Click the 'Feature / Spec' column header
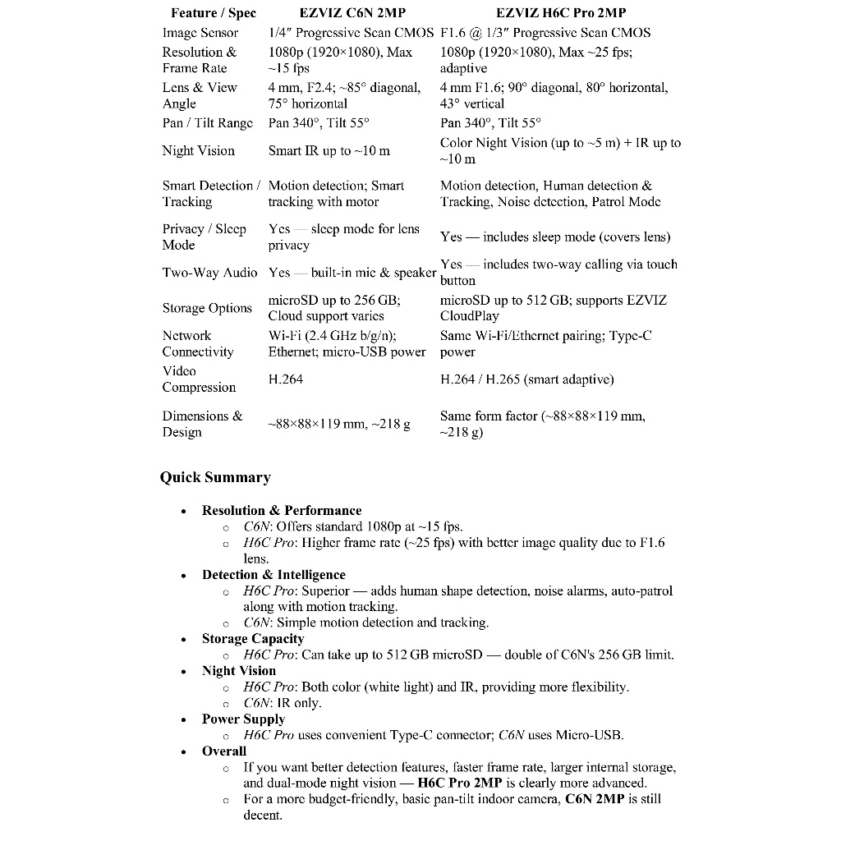click(214, 13)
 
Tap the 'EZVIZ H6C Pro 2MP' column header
click(561, 13)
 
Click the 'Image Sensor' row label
click(200, 33)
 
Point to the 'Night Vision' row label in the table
click(198, 150)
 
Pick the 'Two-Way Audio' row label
click(209, 272)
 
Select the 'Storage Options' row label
click(207, 308)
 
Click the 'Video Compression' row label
click(199, 379)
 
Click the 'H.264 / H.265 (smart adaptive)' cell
click(526, 379)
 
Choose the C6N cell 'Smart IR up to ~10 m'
click(329, 150)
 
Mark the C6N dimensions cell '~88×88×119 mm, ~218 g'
click(338, 424)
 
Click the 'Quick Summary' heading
click(215, 477)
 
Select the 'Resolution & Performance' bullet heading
click(282, 510)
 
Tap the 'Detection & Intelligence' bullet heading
click(273, 575)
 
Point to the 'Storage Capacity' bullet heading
click(253, 639)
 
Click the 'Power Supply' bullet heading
click(243, 719)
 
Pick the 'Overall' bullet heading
click(224, 751)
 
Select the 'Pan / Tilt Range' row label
click(208, 122)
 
